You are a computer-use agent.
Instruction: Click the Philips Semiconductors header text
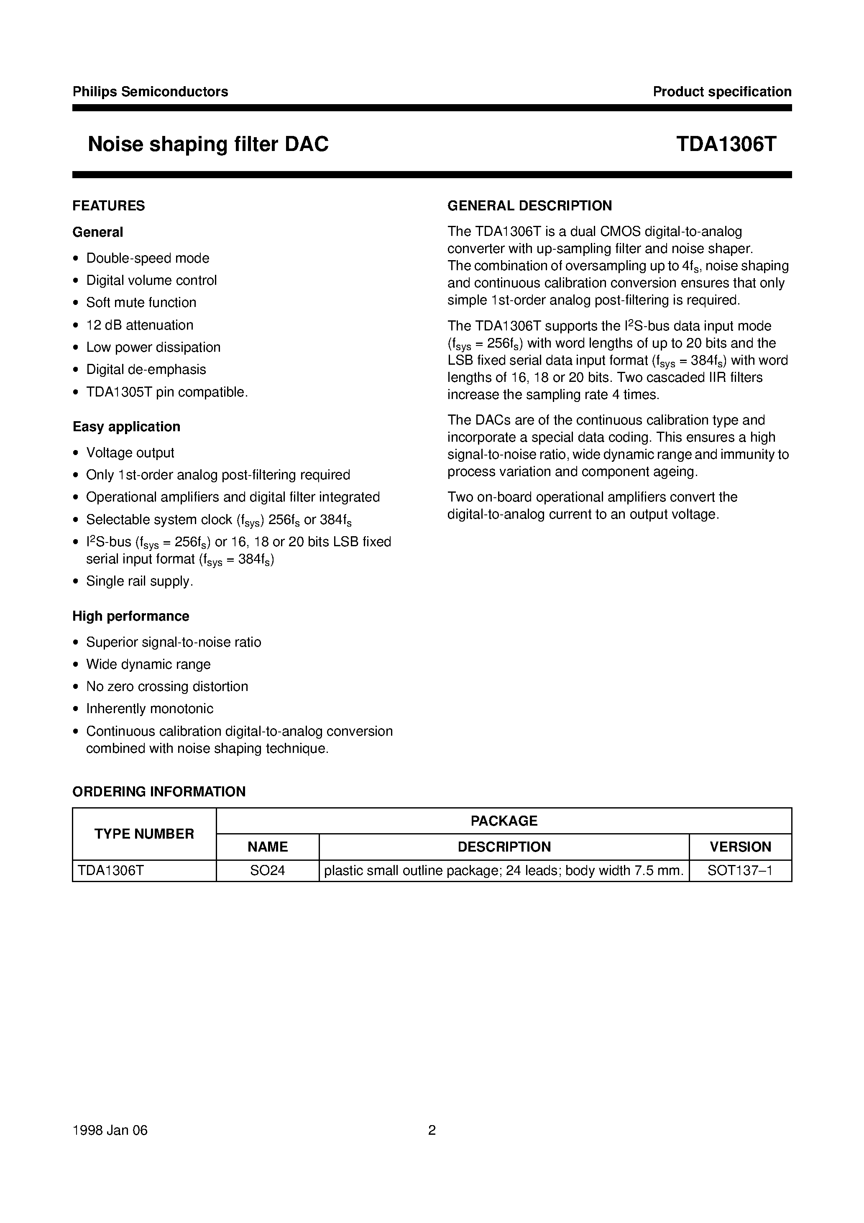(150, 92)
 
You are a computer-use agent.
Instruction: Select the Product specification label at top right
(722, 92)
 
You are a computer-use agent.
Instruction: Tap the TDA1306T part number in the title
(726, 144)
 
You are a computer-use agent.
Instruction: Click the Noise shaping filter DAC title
(208, 144)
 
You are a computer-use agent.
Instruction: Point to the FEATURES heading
(109, 206)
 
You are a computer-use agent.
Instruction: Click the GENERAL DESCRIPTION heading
(529, 206)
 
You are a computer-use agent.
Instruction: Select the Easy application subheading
(126, 427)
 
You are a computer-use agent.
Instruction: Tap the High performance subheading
(130, 616)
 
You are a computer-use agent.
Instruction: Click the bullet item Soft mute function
(141, 302)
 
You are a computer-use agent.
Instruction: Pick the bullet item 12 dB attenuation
(140, 325)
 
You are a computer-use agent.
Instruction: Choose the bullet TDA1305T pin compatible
(167, 392)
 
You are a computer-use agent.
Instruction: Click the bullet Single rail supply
(140, 581)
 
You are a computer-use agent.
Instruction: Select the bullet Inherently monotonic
(150, 709)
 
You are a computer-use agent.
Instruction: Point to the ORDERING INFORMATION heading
(159, 791)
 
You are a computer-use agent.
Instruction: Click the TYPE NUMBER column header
(144, 834)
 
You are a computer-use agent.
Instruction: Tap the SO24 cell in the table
(267, 870)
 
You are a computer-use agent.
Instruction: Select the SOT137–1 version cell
(740, 870)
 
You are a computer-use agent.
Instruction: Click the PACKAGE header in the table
(504, 821)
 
